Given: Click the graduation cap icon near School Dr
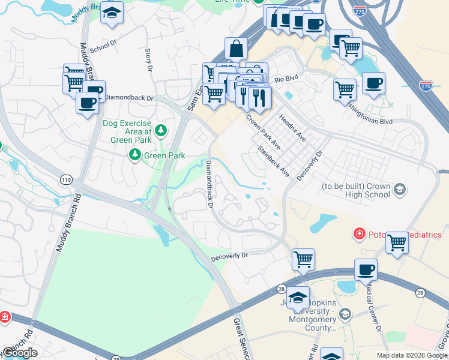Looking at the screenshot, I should pyautogui.click(x=112, y=13).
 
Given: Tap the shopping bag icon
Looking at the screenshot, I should pyautogui.click(x=237, y=48).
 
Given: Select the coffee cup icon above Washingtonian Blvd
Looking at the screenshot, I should pyautogui.click(x=373, y=83).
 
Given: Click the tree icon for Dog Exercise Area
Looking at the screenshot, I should pyautogui.click(x=161, y=130).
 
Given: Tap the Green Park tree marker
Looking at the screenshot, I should pyautogui.click(x=135, y=155).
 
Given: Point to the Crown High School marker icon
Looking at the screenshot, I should pyautogui.click(x=399, y=190).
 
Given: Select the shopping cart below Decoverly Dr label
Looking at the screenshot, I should pyautogui.click(x=303, y=259).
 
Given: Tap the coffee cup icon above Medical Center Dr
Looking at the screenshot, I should pyautogui.click(x=366, y=269).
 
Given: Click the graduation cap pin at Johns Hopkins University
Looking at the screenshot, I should pyautogui.click(x=298, y=298).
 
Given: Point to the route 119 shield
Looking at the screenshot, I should pyautogui.click(x=66, y=179).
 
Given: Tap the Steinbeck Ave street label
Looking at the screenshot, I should pyautogui.click(x=274, y=162).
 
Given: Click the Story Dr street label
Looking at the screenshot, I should pyautogui.click(x=148, y=58).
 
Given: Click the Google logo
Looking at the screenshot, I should pyautogui.click(x=20, y=353).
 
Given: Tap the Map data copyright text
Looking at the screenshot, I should pyautogui.click(x=412, y=355).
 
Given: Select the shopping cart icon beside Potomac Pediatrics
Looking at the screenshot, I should pyautogui.click(x=397, y=242).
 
